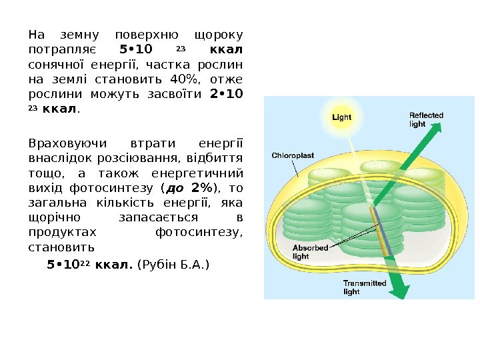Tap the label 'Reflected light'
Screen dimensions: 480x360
pyautogui.click(x=426, y=120)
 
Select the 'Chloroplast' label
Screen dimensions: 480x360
pyautogui.click(x=293, y=155)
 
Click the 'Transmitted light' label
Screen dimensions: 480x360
pyautogui.click(x=364, y=287)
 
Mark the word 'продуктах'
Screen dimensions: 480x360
pyautogui.click(x=62, y=233)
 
